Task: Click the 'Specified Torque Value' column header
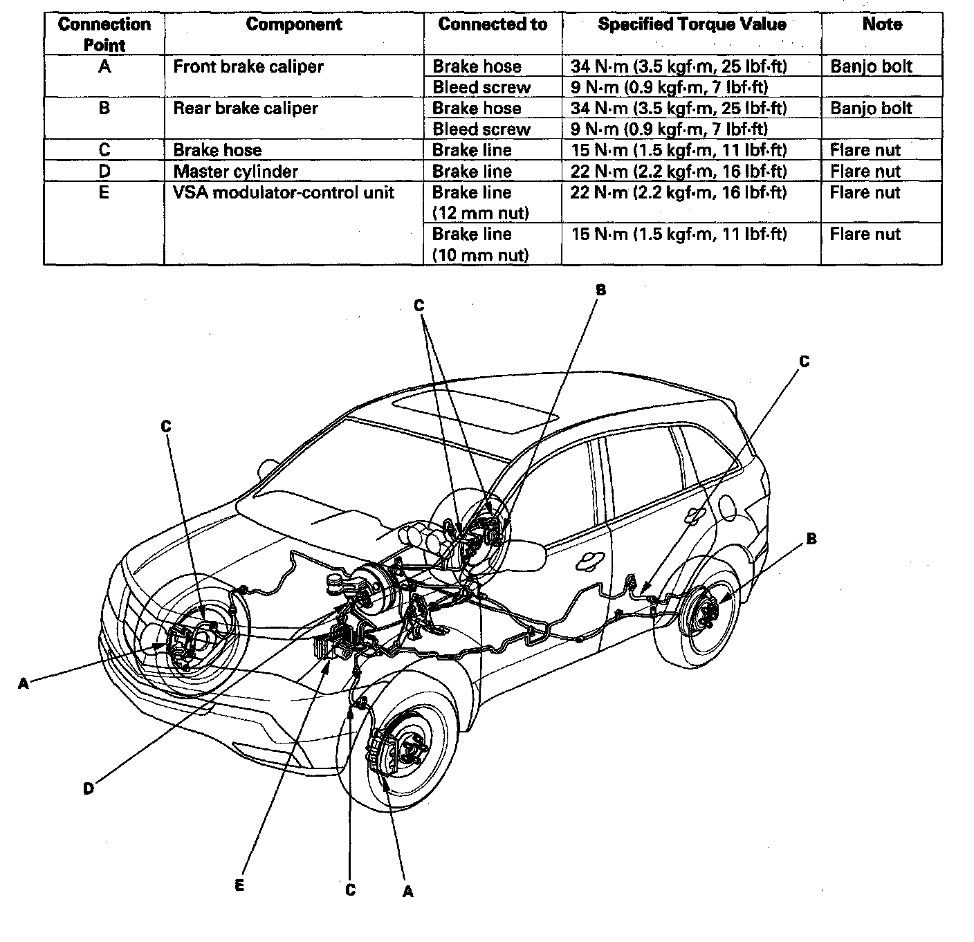[692, 24]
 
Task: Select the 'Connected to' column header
[493, 24]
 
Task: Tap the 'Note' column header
[882, 24]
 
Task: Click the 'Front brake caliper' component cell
[248, 66]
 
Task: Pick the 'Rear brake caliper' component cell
[246, 108]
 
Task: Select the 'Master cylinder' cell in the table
[235, 172]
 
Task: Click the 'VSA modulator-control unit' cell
[284, 192]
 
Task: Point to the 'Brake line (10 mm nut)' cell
[481, 244]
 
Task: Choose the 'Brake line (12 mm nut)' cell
[481, 202]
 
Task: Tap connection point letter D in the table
[104, 172]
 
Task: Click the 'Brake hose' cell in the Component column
[217, 150]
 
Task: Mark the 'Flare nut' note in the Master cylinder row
[865, 172]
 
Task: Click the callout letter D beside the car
[88, 789]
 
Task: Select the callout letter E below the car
[239, 885]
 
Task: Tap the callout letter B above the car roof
[601, 290]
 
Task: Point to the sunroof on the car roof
[475, 411]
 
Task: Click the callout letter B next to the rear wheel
[811, 539]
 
